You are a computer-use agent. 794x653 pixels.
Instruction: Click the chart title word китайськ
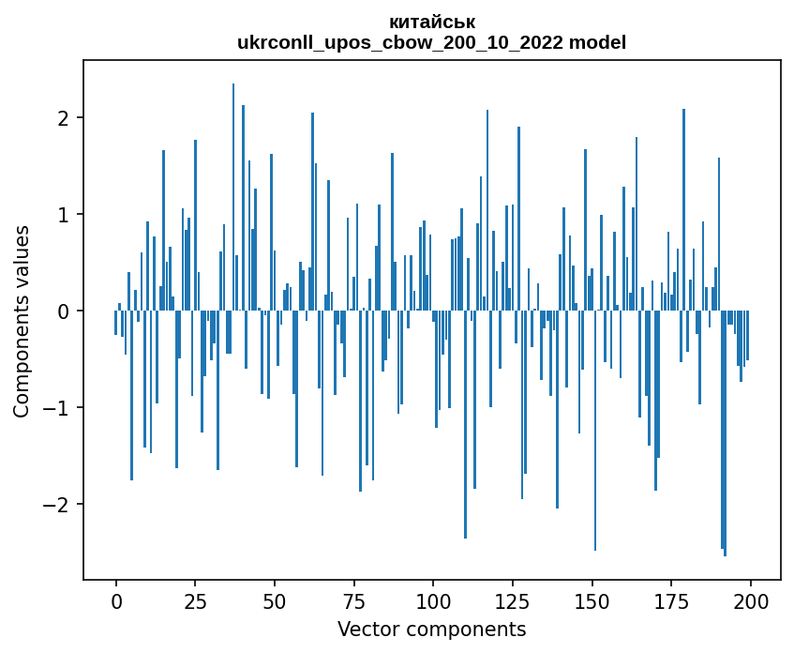432,22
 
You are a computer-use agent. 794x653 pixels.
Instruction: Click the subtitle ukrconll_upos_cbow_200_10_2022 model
432,42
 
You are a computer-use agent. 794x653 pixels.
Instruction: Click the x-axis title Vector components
432,629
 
